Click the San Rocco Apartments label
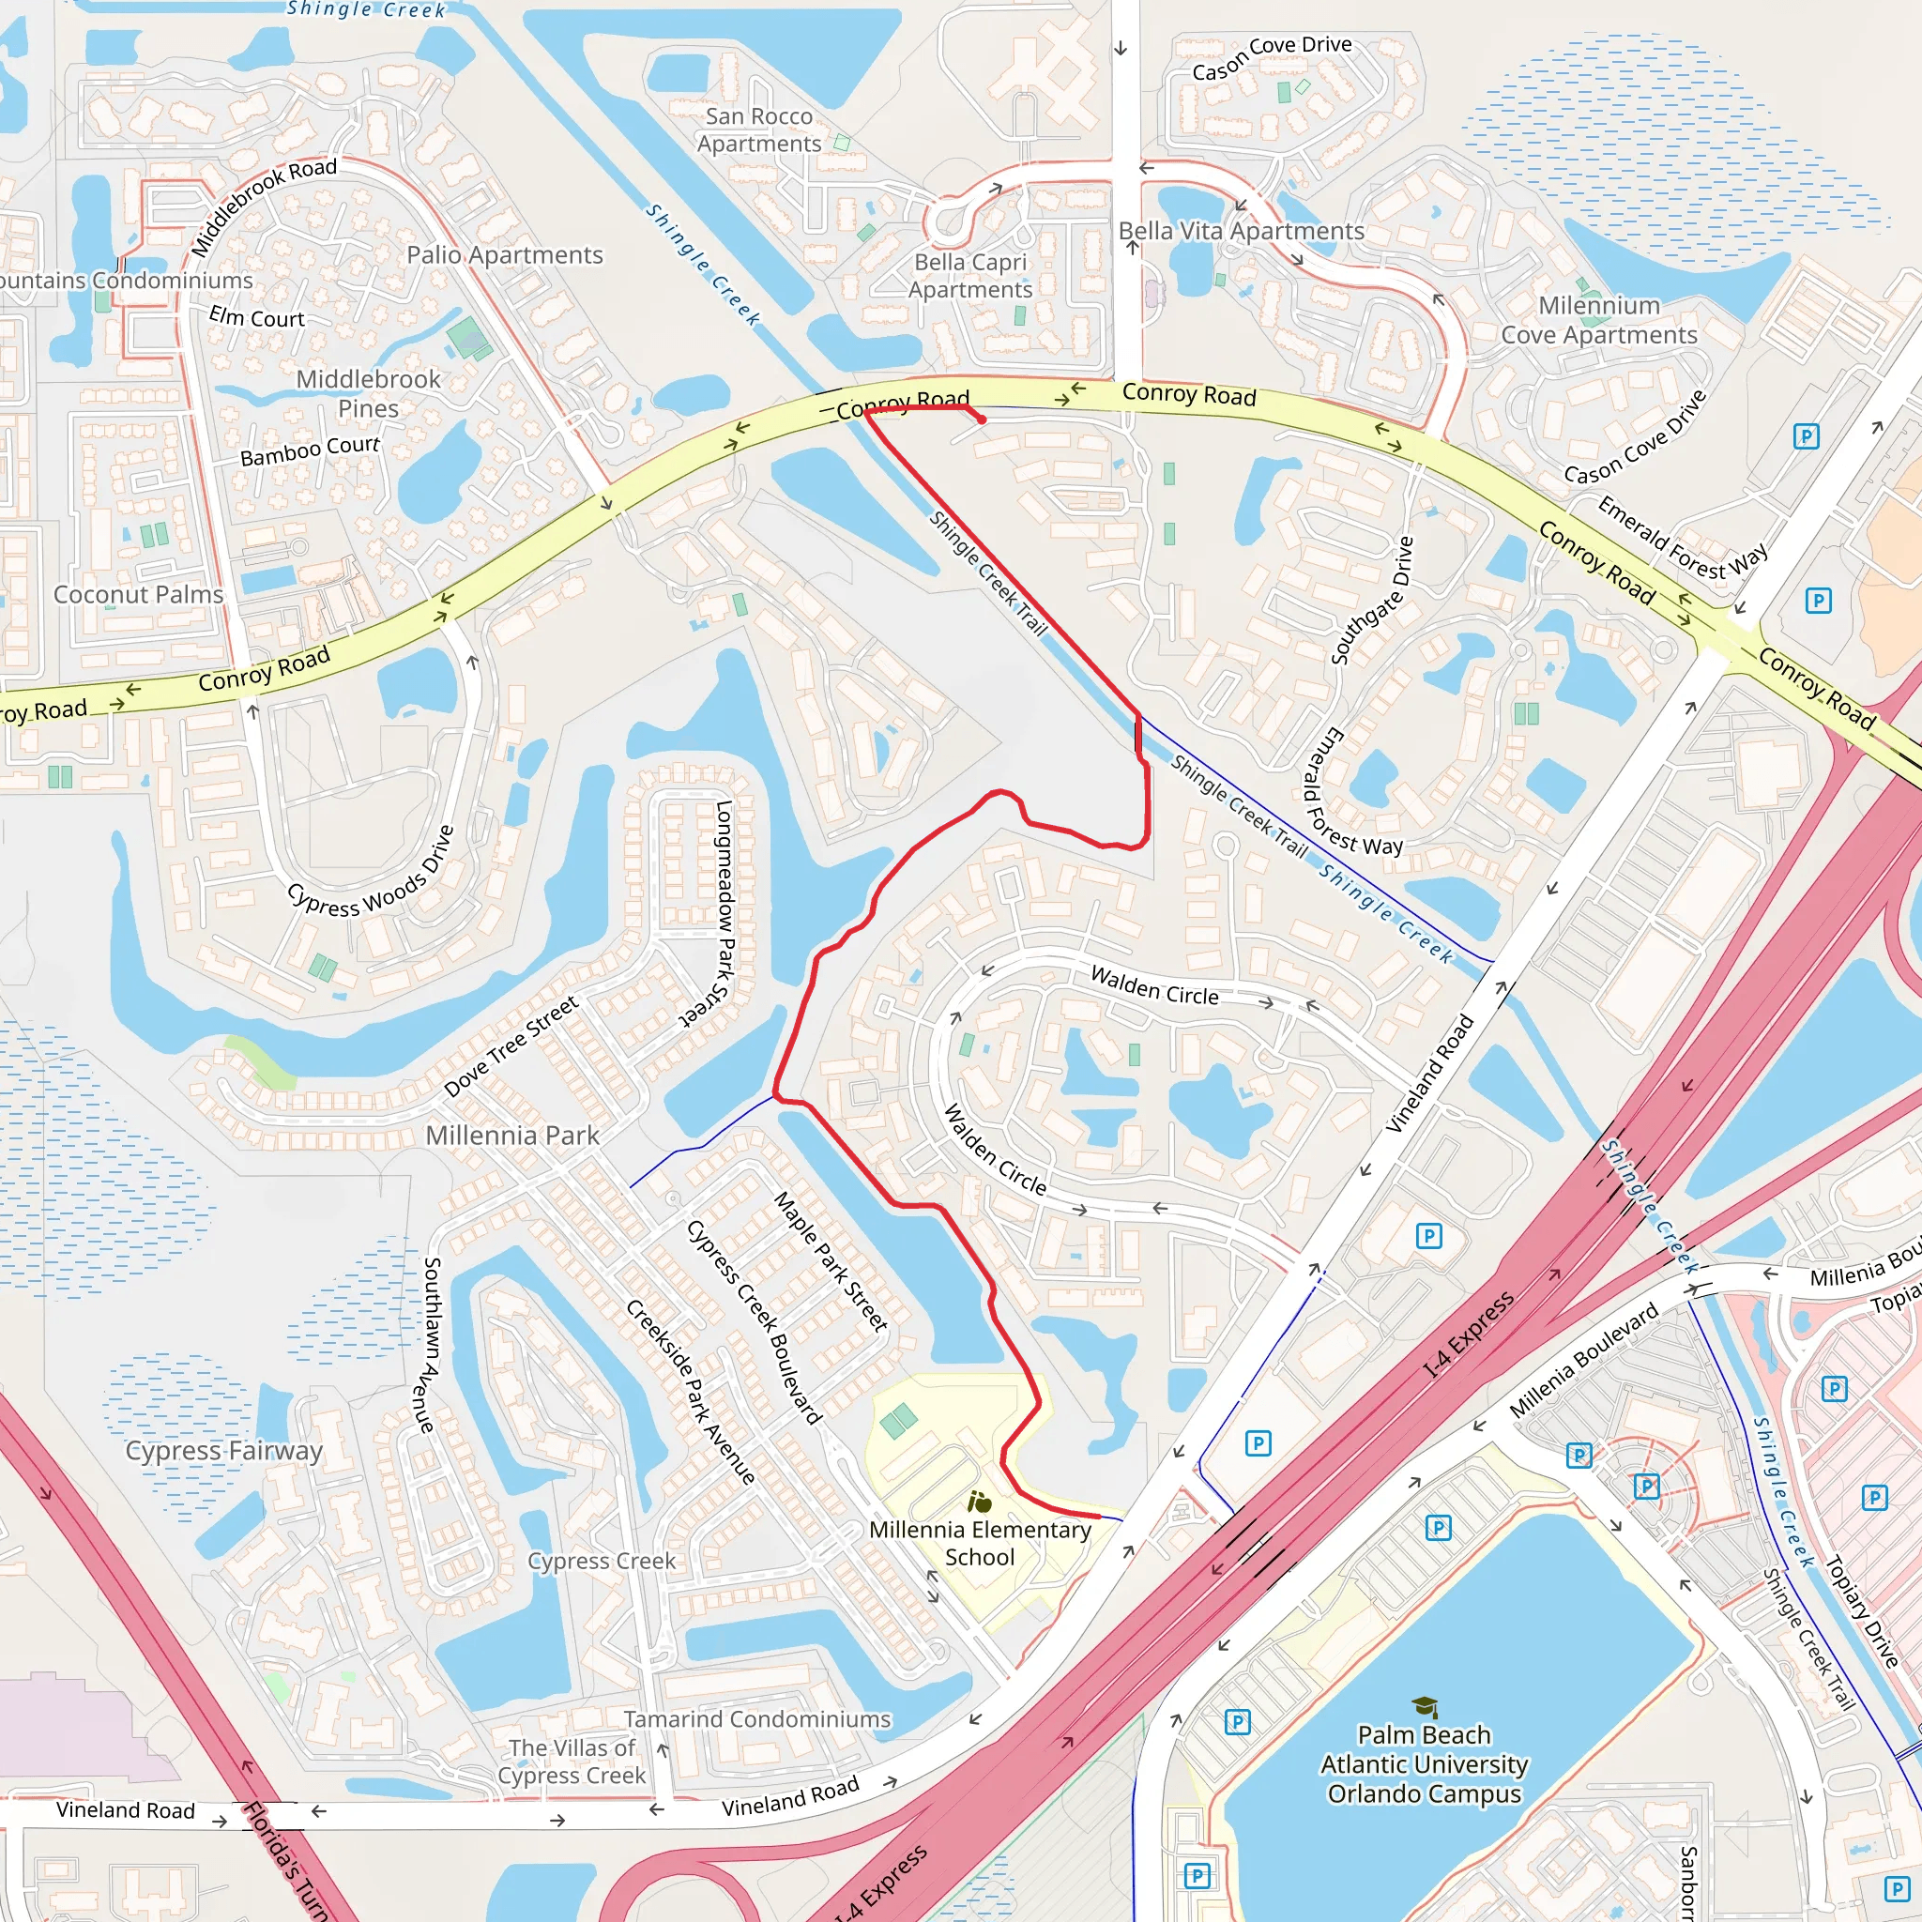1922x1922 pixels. (759, 130)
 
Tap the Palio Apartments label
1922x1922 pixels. (504, 255)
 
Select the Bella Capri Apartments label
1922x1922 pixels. (970, 276)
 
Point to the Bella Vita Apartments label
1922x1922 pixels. (1241, 231)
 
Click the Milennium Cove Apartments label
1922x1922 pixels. (1598, 320)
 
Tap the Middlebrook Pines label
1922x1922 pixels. (368, 394)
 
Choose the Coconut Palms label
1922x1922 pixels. (138, 594)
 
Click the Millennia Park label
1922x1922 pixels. (512, 1136)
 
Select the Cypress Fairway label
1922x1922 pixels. (224, 1451)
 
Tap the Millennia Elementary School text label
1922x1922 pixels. (980, 1543)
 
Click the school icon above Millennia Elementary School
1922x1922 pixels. (979, 1502)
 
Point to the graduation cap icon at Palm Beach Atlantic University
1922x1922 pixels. (1425, 1707)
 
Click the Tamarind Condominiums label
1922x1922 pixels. (757, 1719)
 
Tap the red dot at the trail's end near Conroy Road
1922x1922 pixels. (982, 419)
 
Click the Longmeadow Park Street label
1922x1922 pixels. (724, 913)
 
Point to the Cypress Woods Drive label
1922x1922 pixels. (371, 872)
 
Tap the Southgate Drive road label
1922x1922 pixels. (1373, 601)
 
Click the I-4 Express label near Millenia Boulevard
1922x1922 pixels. (1469, 1335)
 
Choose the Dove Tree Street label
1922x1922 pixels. (511, 1046)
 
